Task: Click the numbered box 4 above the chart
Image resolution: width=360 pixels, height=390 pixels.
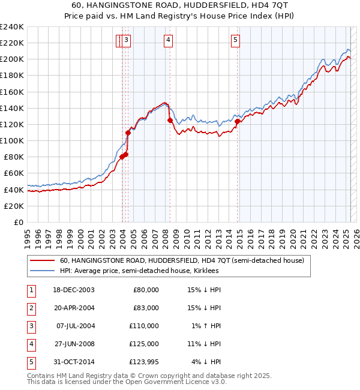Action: (x=169, y=40)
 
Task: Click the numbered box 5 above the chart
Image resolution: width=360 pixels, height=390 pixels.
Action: (x=235, y=40)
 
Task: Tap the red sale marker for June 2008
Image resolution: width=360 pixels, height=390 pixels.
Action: (x=170, y=120)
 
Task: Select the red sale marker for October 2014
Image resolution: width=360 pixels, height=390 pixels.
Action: (x=237, y=121)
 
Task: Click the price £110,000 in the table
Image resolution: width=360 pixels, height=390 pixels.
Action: (x=146, y=326)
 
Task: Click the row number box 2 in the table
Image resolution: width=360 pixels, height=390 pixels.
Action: (x=30, y=308)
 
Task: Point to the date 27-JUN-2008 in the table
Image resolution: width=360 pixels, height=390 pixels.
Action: (x=74, y=344)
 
